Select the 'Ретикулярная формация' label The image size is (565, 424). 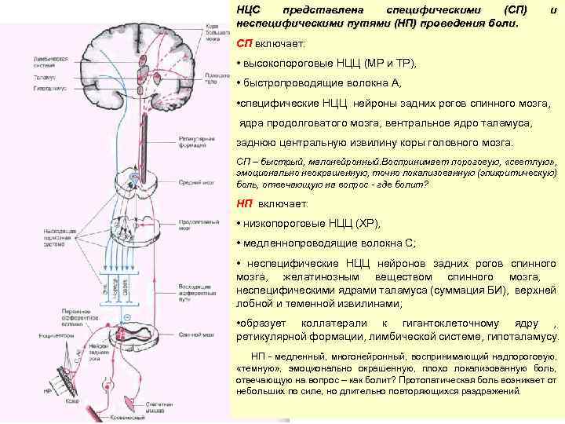click(x=190, y=144)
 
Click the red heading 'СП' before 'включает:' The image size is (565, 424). click(x=244, y=44)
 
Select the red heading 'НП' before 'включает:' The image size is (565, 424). click(x=244, y=204)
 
